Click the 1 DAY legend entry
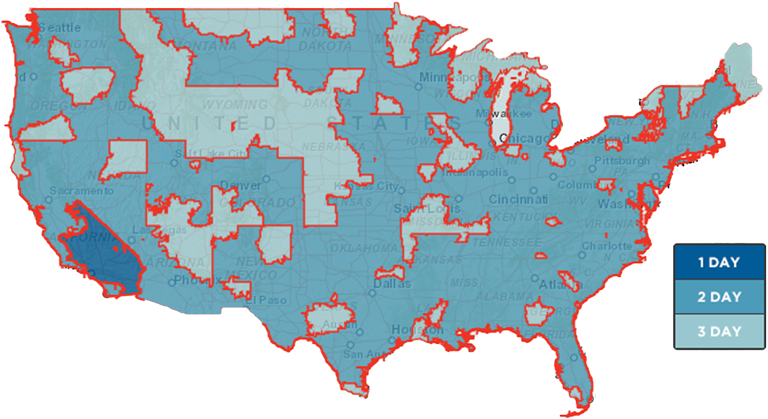tap(718, 262)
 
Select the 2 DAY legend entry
tap(718, 297)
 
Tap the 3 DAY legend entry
tap(718, 332)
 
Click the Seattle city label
tap(60, 28)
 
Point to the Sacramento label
tap(82, 191)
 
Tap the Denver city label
tap(241, 185)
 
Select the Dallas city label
tap(392, 284)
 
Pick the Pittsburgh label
tap(622, 161)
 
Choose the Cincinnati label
tap(518, 200)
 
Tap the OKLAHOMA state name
tap(360, 248)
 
